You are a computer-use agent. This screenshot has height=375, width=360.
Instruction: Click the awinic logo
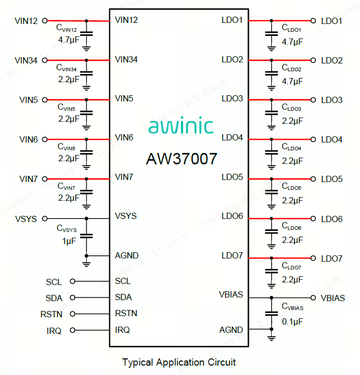[180, 126]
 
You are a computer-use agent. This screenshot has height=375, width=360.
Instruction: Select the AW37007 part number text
[181, 158]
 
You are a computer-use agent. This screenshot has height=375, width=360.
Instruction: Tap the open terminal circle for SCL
[72, 281]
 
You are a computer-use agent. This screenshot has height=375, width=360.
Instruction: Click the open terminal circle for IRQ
[72, 330]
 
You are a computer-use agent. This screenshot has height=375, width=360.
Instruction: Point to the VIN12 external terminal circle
[44, 21]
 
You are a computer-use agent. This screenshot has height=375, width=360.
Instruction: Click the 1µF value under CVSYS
[69, 241]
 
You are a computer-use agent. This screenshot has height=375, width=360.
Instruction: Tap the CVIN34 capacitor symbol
[86, 73]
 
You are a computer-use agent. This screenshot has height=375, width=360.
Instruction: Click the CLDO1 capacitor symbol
[271, 34]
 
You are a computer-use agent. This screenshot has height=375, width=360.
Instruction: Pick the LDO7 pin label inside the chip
[232, 255]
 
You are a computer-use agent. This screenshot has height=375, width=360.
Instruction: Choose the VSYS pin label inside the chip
[126, 216]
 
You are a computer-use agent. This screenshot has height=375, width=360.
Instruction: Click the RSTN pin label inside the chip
[126, 313]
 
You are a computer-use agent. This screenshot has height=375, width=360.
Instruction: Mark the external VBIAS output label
[333, 299]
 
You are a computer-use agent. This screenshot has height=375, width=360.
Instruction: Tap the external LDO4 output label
[332, 140]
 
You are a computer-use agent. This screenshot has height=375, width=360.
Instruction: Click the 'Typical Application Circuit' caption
[179, 362]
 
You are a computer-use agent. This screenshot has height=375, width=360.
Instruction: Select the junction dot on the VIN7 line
[86, 179]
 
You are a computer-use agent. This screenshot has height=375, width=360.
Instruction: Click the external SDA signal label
[54, 298]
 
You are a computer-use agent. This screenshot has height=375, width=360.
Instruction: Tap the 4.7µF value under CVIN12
[68, 40]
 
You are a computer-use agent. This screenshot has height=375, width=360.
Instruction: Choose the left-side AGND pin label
[127, 255]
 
